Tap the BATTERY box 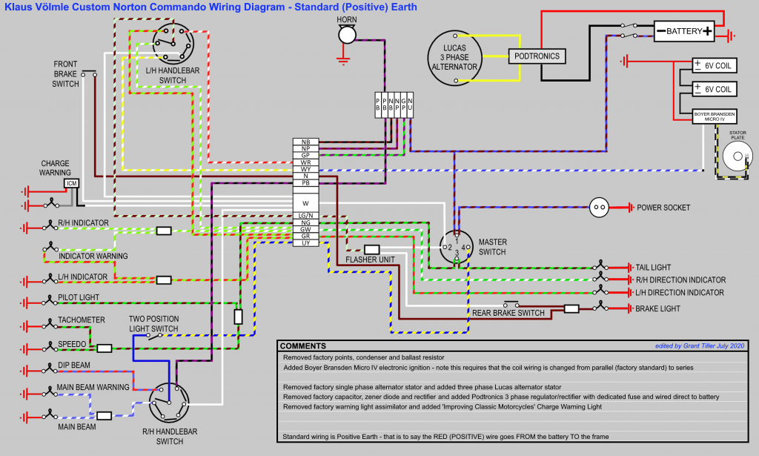point(684,32)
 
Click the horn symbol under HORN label point(346,35)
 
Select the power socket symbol point(600,208)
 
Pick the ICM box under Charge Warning point(72,183)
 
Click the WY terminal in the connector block point(305,169)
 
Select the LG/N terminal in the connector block point(305,215)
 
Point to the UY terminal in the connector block point(305,243)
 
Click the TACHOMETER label point(82,320)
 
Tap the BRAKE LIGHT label point(659,308)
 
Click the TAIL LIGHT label point(653,267)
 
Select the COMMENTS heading point(303,346)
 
